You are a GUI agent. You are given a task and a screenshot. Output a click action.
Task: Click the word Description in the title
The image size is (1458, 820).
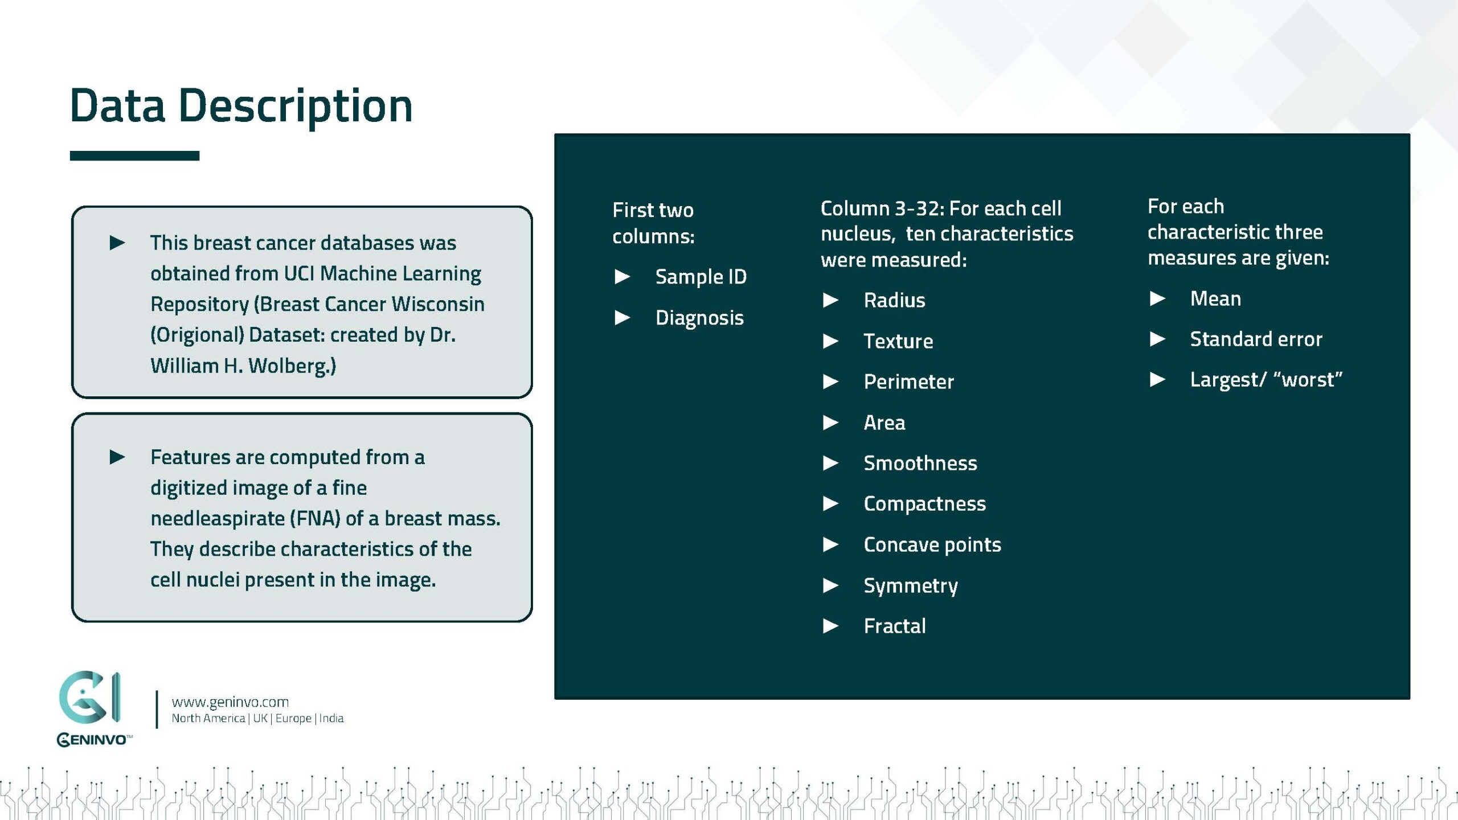point(295,106)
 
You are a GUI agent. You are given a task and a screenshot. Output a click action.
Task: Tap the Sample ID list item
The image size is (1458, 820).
point(700,277)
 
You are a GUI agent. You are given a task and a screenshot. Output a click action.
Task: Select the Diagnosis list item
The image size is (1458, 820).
point(699,318)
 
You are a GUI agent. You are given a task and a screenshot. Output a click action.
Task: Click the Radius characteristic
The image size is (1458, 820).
point(894,300)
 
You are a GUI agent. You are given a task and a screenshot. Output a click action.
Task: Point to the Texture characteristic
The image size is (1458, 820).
point(898,341)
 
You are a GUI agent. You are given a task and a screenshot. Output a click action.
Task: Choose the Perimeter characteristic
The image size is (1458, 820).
point(908,382)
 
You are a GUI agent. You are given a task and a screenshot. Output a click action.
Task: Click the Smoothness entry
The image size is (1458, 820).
point(920,463)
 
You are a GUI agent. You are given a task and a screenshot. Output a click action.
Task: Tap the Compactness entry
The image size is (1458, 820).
point(924,504)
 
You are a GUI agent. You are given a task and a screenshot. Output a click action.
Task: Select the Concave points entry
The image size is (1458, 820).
point(932,545)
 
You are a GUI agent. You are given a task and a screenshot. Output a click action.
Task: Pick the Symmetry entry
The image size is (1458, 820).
point(910,586)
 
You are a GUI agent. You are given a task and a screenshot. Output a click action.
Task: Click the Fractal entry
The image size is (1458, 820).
point(894,626)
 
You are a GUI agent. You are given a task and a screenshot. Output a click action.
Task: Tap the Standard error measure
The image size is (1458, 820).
point(1255,339)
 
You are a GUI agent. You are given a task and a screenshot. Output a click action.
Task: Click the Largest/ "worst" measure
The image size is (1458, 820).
point(1265,380)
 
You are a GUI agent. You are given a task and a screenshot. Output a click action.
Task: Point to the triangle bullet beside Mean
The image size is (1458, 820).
point(1157,298)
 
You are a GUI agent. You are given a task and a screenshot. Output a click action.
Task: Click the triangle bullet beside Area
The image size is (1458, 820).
point(830,423)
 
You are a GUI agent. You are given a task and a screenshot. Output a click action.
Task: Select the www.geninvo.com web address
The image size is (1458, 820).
point(230,702)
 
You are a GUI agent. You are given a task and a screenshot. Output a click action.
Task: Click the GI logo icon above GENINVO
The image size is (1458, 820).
point(90,697)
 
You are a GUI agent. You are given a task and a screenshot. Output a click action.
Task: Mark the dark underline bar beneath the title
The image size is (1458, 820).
point(134,156)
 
